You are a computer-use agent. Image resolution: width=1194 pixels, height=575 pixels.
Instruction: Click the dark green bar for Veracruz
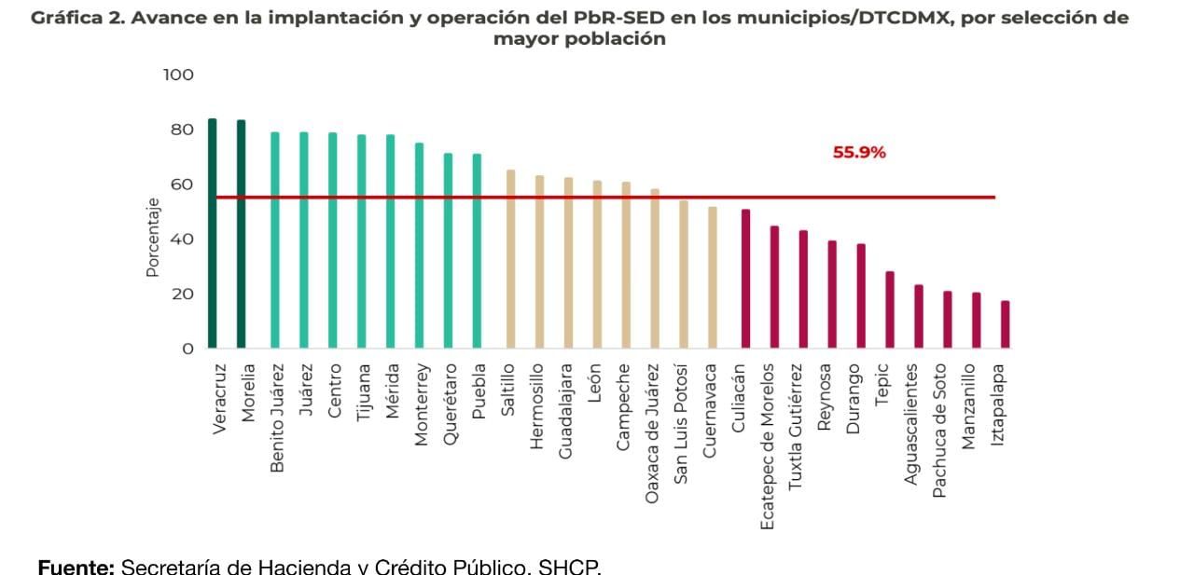click(212, 233)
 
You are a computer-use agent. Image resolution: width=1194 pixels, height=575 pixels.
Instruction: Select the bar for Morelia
click(241, 234)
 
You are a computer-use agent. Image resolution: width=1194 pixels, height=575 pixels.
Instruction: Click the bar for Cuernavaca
click(713, 278)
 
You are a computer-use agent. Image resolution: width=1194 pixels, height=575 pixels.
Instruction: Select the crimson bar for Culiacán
click(745, 279)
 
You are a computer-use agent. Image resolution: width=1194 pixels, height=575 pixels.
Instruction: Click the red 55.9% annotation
click(859, 153)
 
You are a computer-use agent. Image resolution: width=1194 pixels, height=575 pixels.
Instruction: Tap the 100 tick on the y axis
click(178, 75)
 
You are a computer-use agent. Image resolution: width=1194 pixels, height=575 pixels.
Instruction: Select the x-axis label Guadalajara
click(565, 411)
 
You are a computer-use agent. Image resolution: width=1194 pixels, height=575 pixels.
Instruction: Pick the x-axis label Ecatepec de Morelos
click(768, 446)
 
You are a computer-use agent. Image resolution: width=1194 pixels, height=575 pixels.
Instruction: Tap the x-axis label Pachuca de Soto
click(940, 431)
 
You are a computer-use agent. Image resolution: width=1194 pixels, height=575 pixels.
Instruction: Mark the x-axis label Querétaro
click(450, 405)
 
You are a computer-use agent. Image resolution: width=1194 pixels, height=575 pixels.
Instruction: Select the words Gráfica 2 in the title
click(77, 18)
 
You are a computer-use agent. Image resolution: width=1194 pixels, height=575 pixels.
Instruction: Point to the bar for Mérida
click(390, 241)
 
